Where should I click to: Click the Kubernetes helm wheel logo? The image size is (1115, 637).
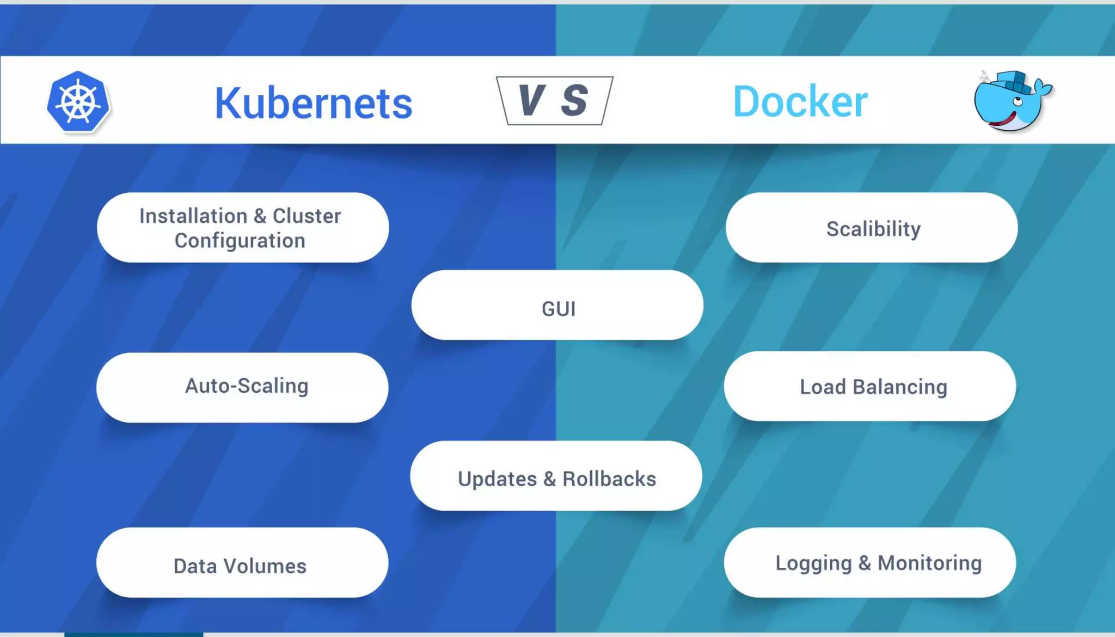(78, 102)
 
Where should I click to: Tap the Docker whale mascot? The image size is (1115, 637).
(1011, 102)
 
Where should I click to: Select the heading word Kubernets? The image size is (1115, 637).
(314, 103)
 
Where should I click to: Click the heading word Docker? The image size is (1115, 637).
(800, 102)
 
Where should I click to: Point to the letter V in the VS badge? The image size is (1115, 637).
(530, 100)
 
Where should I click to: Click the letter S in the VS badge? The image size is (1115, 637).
(575, 100)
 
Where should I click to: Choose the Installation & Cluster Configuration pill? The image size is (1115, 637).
(243, 228)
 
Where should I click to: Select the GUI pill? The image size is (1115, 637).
(557, 305)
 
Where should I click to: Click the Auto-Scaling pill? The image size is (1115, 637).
(242, 387)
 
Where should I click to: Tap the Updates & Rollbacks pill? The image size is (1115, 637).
(556, 476)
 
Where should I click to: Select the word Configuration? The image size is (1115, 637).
(240, 241)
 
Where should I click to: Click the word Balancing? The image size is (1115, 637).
(900, 387)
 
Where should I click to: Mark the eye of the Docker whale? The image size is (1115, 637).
(1017, 101)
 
